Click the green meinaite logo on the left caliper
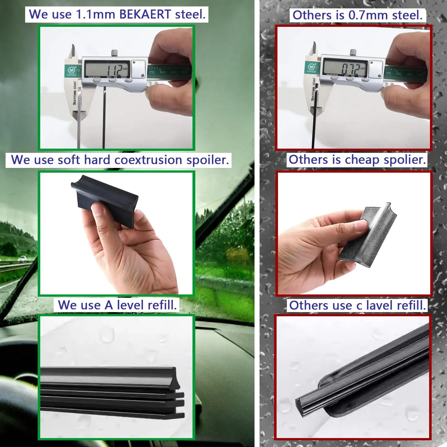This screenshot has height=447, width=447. tap(71, 70)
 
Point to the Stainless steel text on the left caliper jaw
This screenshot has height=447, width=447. tap(75, 93)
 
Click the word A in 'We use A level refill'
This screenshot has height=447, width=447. tap(109, 305)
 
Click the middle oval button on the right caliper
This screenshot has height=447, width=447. tap(349, 79)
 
